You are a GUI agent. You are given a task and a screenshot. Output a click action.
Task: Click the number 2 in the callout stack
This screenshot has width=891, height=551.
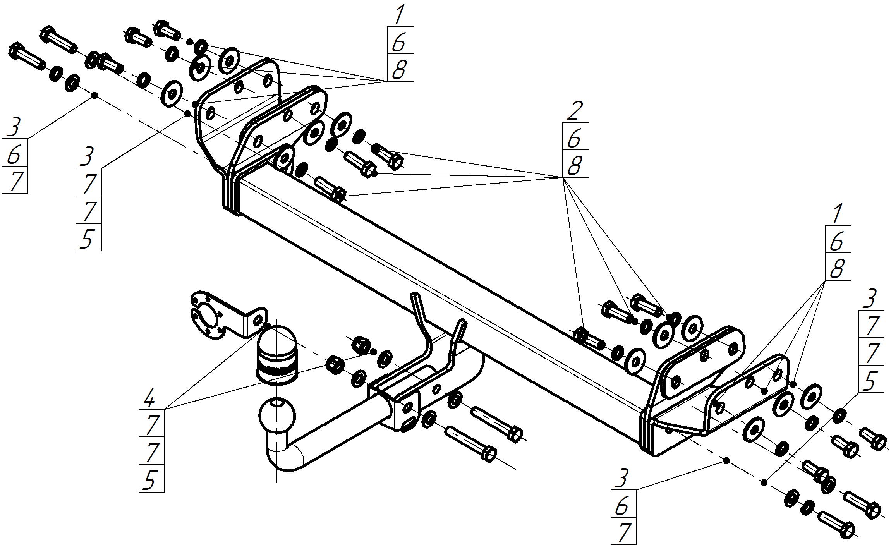(x=574, y=111)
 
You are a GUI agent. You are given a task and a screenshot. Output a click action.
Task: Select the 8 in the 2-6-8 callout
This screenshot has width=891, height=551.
(x=575, y=166)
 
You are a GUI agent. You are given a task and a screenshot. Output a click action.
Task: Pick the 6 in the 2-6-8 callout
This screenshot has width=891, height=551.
(x=574, y=139)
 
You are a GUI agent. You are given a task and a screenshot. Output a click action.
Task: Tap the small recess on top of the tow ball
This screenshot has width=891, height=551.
(x=276, y=403)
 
